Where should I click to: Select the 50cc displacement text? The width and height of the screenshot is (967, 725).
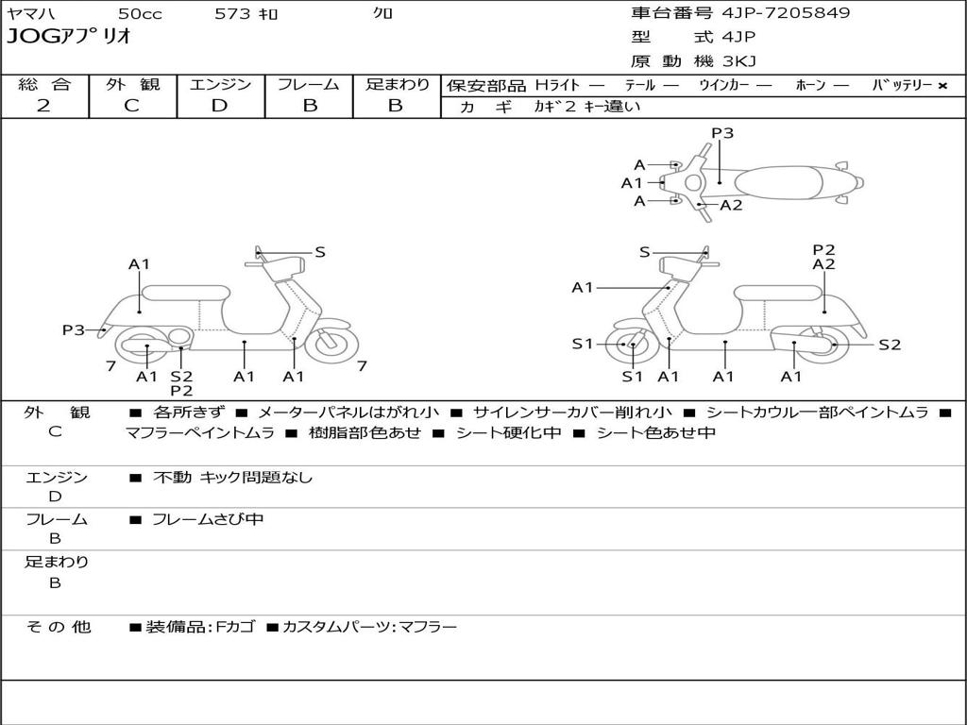[140, 13]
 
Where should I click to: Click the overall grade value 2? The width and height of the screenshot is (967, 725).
[43, 106]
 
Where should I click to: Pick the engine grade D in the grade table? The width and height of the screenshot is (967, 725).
[220, 106]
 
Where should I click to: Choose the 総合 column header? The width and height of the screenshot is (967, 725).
[44, 84]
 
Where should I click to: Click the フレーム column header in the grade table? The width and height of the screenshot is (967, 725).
[309, 84]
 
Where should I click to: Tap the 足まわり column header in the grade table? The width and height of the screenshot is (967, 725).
[397, 84]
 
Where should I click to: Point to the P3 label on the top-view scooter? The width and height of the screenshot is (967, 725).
[722, 133]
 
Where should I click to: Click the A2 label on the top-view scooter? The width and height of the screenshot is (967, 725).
[731, 205]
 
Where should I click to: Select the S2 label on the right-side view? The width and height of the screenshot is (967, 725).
[890, 345]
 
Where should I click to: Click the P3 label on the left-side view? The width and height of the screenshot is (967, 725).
[74, 329]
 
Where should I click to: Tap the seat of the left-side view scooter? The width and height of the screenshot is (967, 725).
[185, 293]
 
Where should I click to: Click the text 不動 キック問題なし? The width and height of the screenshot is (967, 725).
[232, 478]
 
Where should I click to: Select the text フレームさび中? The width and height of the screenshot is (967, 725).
[208, 519]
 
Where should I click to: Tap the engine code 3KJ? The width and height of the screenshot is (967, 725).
[739, 61]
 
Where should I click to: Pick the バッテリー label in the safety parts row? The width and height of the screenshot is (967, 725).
[903, 85]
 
